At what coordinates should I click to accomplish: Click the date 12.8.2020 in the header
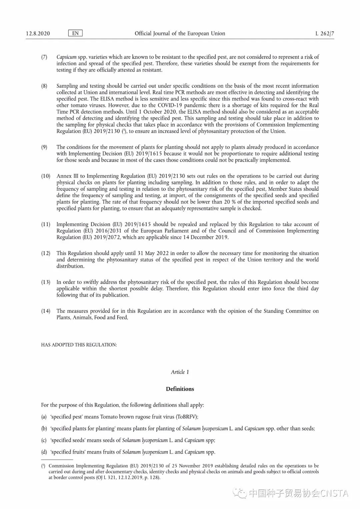coord(38,33)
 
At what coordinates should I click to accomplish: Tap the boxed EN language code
coord(75,33)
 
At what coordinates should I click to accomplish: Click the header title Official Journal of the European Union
coord(180,33)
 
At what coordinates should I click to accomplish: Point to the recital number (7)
coord(44,57)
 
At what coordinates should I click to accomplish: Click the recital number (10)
coord(46,176)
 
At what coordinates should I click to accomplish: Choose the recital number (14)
coord(46,311)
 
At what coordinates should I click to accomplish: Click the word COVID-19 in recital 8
coord(171,105)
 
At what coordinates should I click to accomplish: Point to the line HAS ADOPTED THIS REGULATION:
coord(79,345)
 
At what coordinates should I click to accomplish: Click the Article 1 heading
coord(180,372)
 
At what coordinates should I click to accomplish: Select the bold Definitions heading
coord(180,389)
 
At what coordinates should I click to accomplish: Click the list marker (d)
coord(44,452)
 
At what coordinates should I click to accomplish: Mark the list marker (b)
coord(44,428)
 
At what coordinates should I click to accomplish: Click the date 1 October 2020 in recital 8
coord(157,112)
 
